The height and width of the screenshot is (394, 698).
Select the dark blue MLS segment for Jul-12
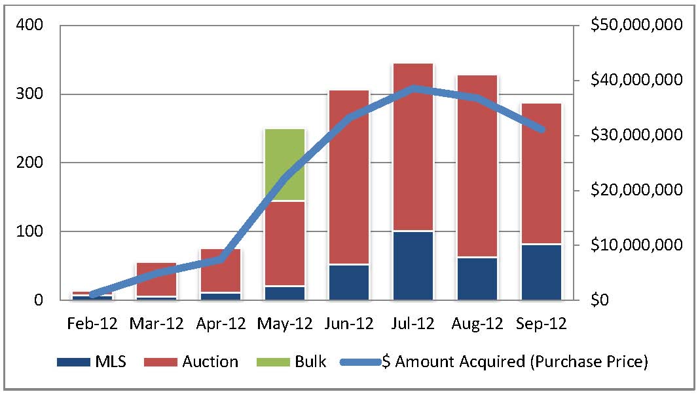(413, 266)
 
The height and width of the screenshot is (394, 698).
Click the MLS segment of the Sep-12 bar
(541, 272)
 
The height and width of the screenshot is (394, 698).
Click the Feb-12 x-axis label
(92, 325)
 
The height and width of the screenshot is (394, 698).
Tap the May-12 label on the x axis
(284, 325)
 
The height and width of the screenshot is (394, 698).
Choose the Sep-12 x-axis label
(541, 325)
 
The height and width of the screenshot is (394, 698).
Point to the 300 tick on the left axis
(29, 94)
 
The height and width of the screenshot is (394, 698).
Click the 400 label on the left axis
(29, 25)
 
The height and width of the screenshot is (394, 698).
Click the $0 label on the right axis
(600, 300)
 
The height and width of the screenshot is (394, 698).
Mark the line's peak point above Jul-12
(413, 89)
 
